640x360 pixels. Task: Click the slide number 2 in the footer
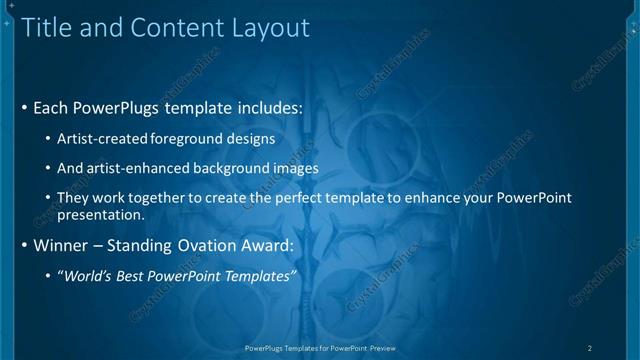[590, 348]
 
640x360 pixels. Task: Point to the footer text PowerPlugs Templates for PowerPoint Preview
[320, 348]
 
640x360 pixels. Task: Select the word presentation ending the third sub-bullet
[100, 214]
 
